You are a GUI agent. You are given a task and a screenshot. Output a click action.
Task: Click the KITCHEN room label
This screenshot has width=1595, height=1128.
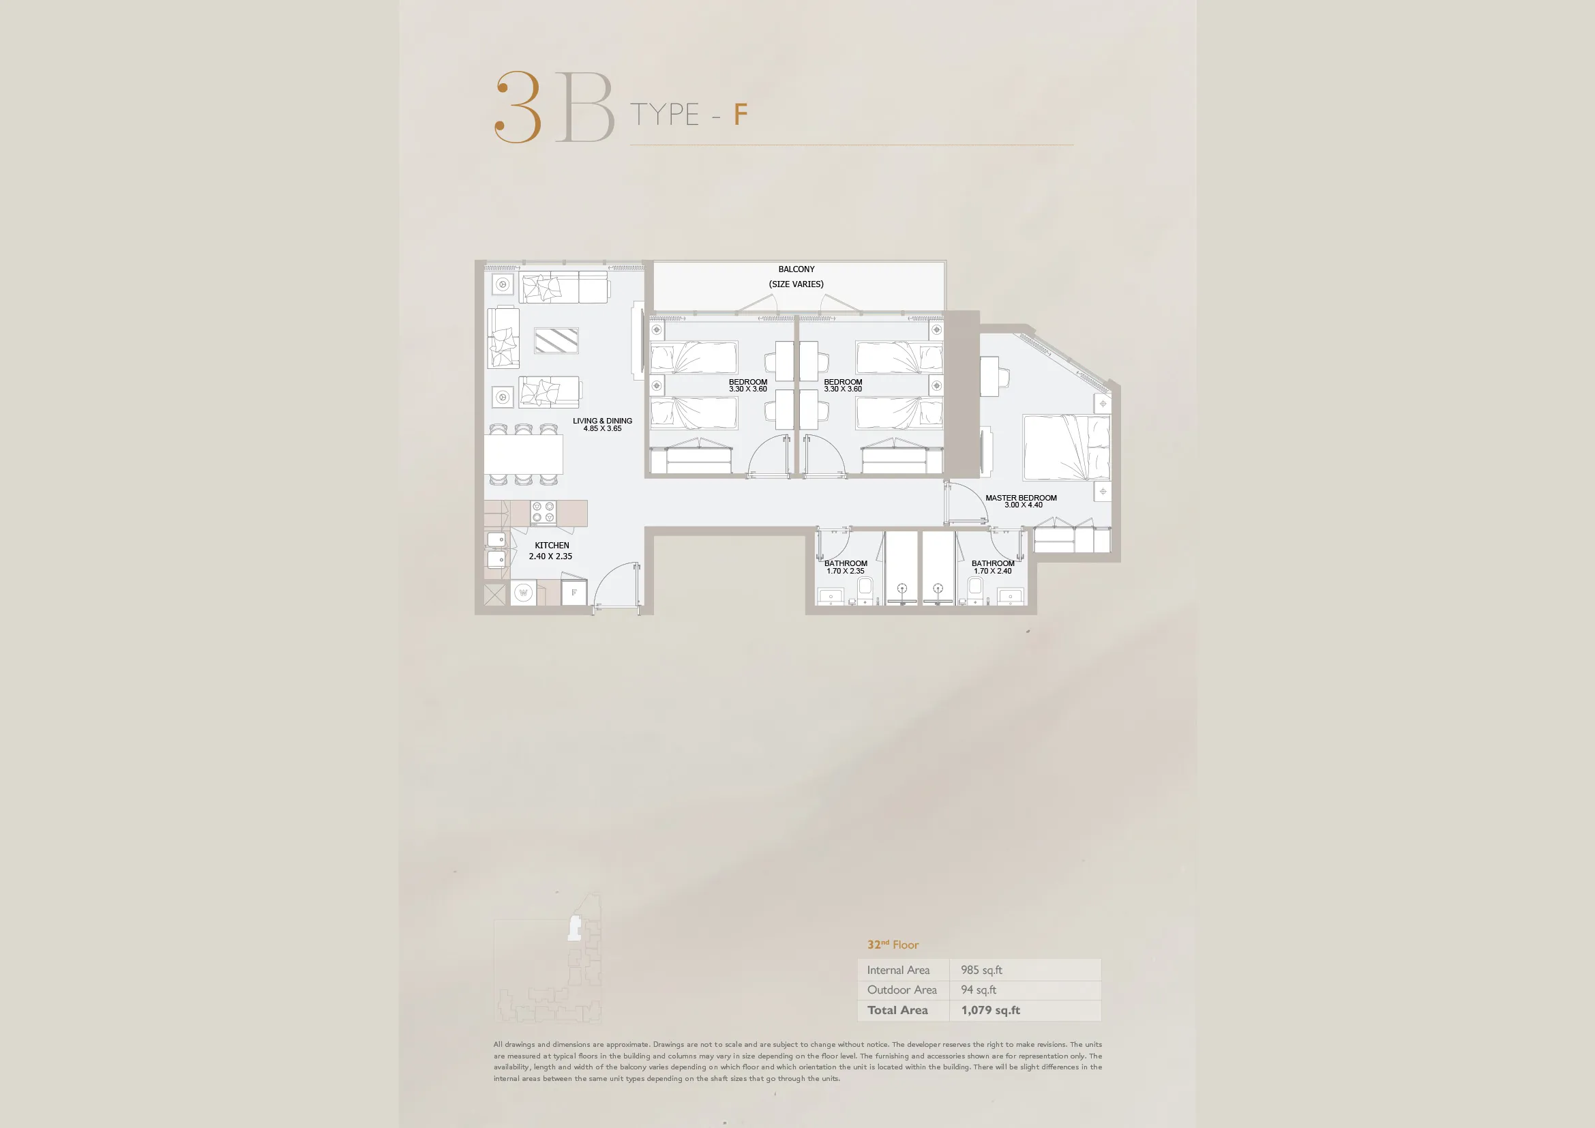pyautogui.click(x=552, y=546)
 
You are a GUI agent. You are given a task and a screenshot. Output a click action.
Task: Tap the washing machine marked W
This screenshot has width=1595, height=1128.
pyautogui.click(x=523, y=593)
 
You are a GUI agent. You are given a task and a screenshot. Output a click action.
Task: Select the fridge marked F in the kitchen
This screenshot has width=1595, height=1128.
pyautogui.click(x=573, y=593)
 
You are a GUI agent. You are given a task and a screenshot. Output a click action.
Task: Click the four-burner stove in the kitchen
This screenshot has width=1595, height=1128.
pyautogui.click(x=543, y=513)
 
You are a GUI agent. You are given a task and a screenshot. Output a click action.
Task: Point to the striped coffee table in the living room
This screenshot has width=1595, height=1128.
pyautogui.click(x=556, y=340)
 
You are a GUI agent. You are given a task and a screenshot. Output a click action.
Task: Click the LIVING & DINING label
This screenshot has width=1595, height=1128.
pyautogui.click(x=602, y=421)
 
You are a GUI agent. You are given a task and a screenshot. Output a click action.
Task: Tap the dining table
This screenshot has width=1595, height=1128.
pyautogui.click(x=523, y=454)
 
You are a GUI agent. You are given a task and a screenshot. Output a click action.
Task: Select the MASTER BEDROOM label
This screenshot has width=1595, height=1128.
pyautogui.click(x=1022, y=498)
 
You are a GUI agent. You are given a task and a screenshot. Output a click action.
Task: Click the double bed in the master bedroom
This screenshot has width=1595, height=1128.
pyautogui.click(x=1067, y=447)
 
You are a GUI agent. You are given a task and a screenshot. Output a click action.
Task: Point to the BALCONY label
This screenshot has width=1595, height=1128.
pyautogui.click(x=796, y=269)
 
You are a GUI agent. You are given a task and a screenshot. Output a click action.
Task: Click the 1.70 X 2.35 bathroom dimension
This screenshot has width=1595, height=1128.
pyautogui.click(x=846, y=571)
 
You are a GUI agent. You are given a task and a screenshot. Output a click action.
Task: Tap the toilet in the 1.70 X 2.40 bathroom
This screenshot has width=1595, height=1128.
pyautogui.click(x=975, y=589)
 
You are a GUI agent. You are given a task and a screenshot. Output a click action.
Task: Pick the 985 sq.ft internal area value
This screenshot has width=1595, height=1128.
pyautogui.click(x=981, y=970)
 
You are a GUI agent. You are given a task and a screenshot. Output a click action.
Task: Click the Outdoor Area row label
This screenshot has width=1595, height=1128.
pyautogui.click(x=901, y=990)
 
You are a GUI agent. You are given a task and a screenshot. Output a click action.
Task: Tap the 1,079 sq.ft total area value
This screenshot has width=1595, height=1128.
pyautogui.click(x=991, y=1010)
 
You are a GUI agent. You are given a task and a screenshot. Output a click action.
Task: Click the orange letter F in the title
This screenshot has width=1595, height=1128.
pyautogui.click(x=741, y=115)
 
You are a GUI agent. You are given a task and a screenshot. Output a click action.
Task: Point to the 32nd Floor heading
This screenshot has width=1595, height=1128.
pyautogui.click(x=893, y=945)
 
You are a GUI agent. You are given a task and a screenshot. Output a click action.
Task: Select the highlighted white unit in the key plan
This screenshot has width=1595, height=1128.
pyautogui.click(x=573, y=929)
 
